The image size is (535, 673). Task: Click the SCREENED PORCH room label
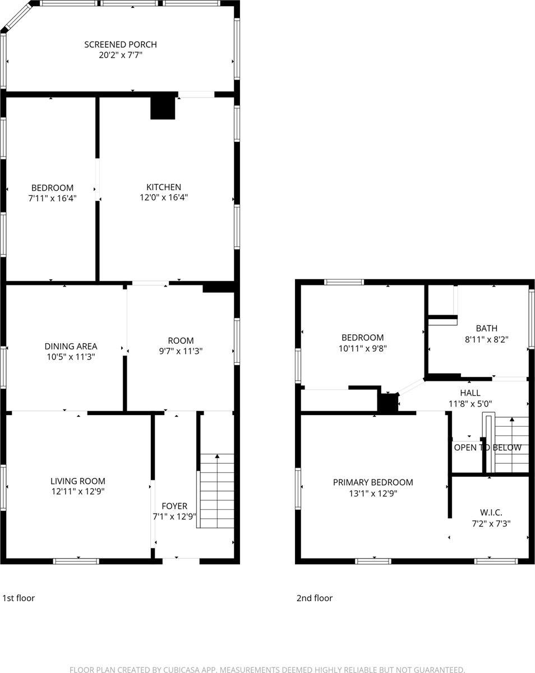click(x=121, y=44)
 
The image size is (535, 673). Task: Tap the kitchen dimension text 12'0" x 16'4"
click(x=164, y=197)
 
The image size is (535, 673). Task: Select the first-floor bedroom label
click(x=52, y=187)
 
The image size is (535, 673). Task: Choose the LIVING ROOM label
click(x=78, y=481)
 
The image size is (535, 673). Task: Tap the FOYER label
click(x=174, y=506)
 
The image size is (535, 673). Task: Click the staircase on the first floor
click(x=217, y=491)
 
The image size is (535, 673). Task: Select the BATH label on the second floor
click(x=486, y=328)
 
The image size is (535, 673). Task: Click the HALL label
click(x=469, y=393)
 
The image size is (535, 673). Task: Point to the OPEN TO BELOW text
click(x=487, y=448)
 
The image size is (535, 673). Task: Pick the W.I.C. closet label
click(x=491, y=513)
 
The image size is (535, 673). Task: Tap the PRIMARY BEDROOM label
click(x=373, y=482)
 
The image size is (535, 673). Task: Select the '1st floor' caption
click(x=19, y=598)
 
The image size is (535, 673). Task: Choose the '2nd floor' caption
click(x=315, y=598)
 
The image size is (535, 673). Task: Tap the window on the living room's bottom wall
click(x=77, y=561)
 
